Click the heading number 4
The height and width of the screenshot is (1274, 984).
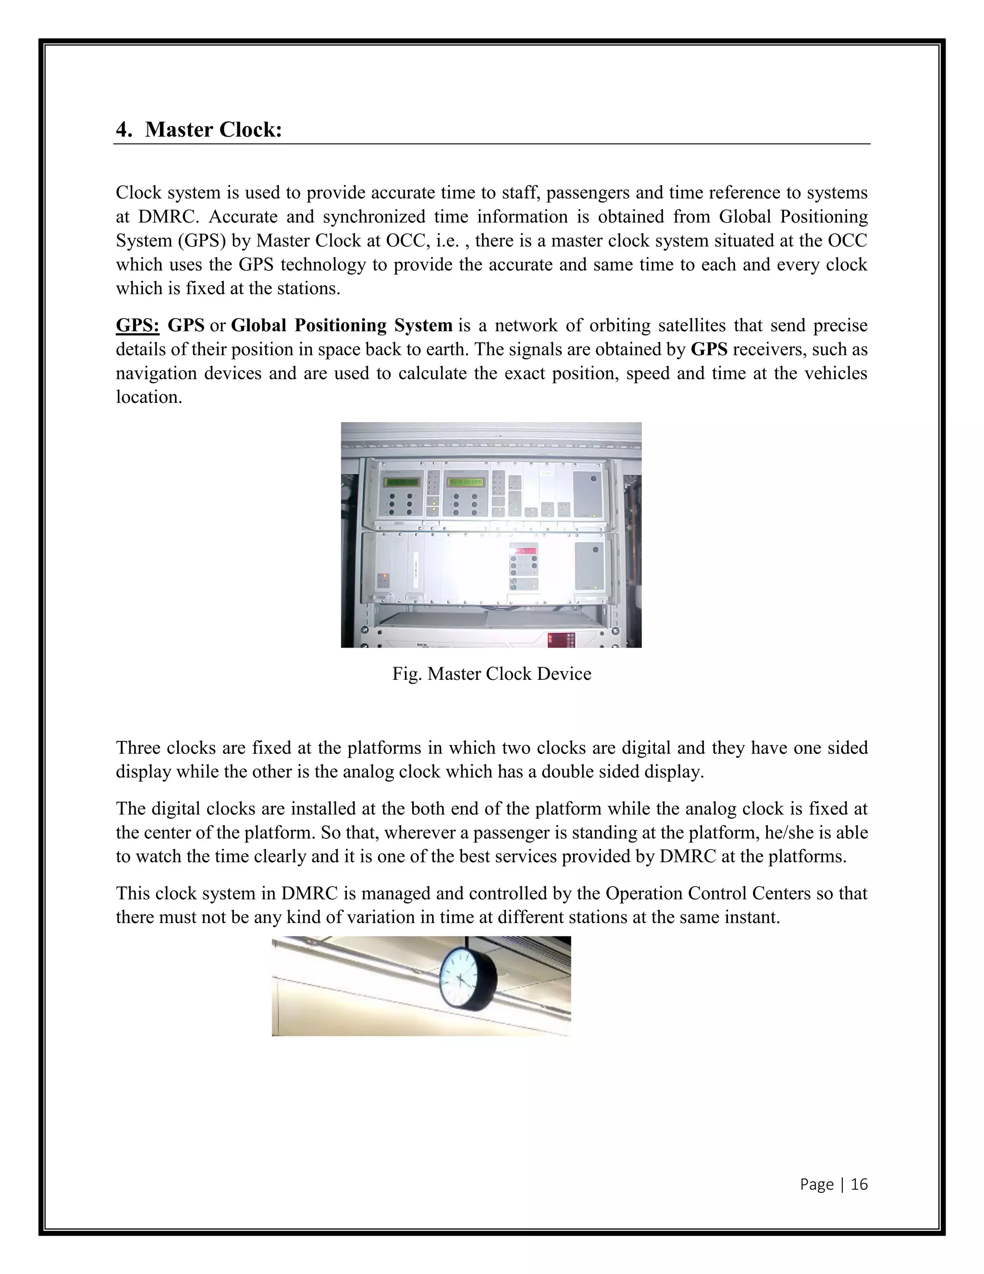pyautogui.click(x=123, y=129)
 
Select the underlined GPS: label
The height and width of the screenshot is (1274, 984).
pyautogui.click(x=137, y=325)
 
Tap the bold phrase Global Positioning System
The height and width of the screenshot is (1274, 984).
pyautogui.click(x=342, y=325)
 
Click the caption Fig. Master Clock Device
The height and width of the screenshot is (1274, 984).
pyautogui.click(x=492, y=674)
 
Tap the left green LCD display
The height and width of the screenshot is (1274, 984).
pyautogui.click(x=401, y=482)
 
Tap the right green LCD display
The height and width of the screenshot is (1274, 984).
pyautogui.click(x=465, y=482)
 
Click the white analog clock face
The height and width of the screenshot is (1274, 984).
pyautogui.click(x=459, y=979)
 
